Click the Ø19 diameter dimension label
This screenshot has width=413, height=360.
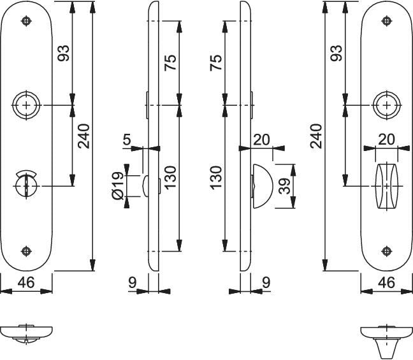118,185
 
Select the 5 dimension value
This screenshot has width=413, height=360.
127,140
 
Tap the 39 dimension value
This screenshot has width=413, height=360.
284,186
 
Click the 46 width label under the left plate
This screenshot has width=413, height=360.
26,282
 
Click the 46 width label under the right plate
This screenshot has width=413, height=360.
386,282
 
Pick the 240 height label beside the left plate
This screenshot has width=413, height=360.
83,136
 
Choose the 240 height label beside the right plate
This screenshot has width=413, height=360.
316,136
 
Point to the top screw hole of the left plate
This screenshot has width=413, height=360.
26,21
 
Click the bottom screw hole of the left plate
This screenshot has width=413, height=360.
26,250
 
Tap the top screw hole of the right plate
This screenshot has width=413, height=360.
386,21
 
